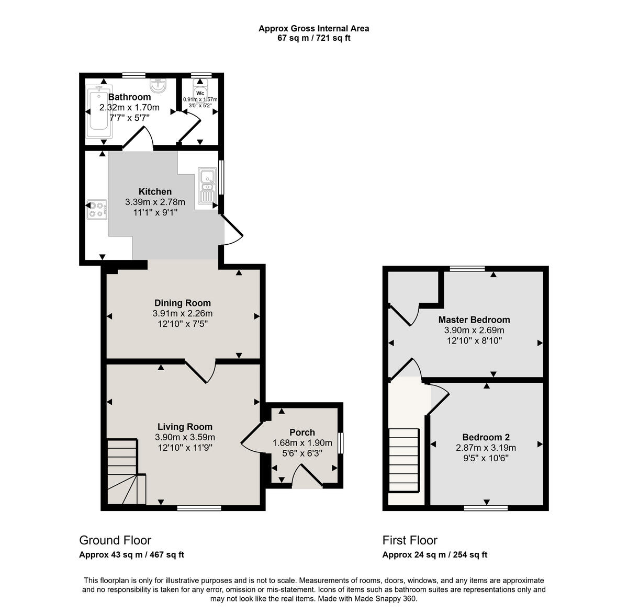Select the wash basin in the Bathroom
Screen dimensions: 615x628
[x=158, y=85]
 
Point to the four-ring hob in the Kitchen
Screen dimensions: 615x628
[x=97, y=209]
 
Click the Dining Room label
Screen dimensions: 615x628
[x=183, y=303]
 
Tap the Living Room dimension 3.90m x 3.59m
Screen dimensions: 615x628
[x=185, y=437]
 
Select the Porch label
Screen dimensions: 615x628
[x=302, y=432]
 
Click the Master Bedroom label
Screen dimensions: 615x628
[x=474, y=320]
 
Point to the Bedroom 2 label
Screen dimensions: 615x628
[x=486, y=437]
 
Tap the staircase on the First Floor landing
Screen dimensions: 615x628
[x=404, y=460]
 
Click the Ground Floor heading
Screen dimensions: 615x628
[x=115, y=540]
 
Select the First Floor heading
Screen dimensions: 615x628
[x=410, y=540]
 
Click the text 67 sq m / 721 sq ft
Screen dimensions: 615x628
[x=313, y=38]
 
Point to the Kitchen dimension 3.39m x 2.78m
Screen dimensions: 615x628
[x=155, y=202]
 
